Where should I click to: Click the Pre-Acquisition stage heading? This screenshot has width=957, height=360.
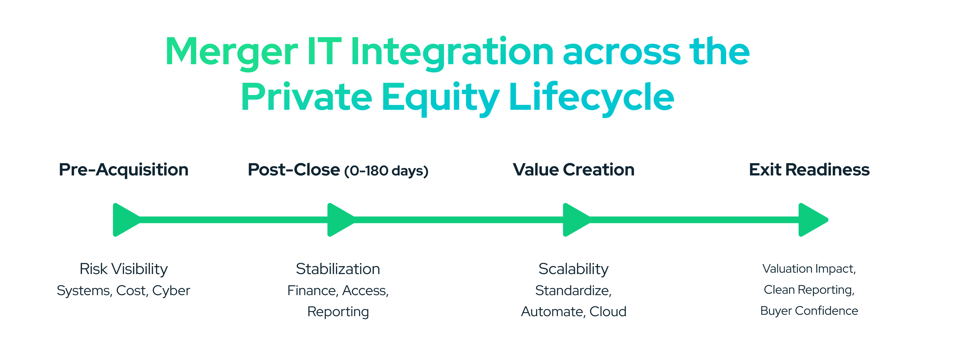tap(124, 170)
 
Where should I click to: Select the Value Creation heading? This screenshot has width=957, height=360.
tap(574, 170)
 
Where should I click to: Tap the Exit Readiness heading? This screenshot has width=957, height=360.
tap(809, 170)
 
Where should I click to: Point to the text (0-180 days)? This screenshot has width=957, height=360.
tap(386, 171)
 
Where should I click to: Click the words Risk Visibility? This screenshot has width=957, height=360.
tap(124, 269)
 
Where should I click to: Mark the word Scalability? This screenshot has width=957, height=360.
tap(574, 269)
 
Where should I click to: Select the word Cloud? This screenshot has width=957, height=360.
tap(608, 311)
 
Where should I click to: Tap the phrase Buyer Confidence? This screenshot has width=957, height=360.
tap(809, 311)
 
